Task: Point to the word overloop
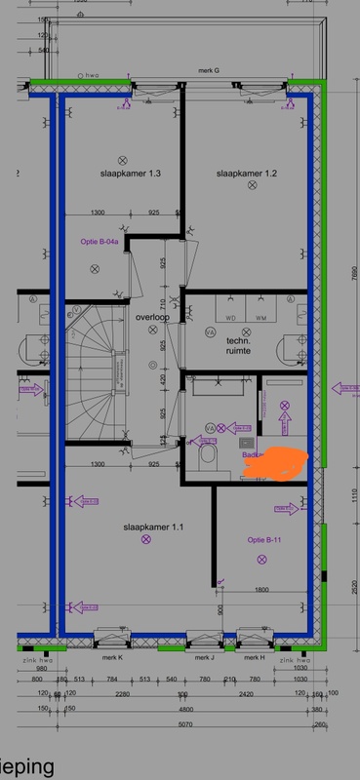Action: (x=153, y=318)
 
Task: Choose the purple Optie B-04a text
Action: (x=100, y=241)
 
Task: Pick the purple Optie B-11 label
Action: (x=264, y=539)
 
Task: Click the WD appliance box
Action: (x=232, y=318)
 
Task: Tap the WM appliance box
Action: (x=260, y=318)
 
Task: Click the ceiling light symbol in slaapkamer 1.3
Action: (x=123, y=159)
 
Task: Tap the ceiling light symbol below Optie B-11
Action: (x=260, y=559)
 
